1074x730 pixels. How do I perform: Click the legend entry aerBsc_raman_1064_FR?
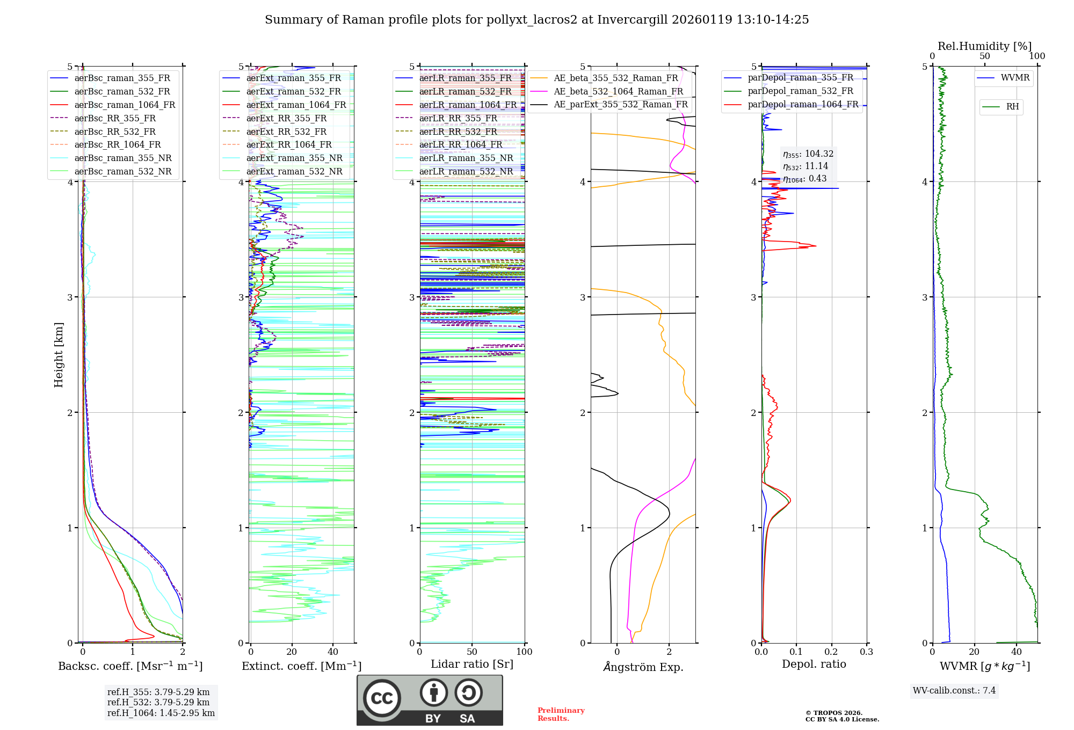click(125, 105)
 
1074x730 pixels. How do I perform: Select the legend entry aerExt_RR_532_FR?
click(286, 132)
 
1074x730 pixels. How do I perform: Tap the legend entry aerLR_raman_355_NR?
click(466, 158)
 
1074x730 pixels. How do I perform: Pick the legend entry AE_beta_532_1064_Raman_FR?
click(618, 91)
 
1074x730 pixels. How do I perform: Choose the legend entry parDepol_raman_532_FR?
click(800, 91)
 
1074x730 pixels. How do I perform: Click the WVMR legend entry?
click(1015, 78)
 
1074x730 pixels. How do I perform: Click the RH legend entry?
click(1012, 107)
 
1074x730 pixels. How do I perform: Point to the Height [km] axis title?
click(59, 355)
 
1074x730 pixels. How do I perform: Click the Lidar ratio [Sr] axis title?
click(472, 664)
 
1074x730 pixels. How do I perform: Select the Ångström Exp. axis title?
click(643, 667)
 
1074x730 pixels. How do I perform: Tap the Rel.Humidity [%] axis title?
click(984, 46)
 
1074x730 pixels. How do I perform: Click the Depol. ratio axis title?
click(814, 664)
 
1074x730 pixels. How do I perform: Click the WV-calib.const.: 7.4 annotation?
click(954, 690)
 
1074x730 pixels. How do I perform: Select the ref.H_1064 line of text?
click(161, 713)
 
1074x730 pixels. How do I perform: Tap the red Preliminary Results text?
click(561, 714)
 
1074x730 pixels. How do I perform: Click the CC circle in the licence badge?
click(382, 698)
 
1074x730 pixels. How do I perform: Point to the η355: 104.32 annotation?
click(808, 154)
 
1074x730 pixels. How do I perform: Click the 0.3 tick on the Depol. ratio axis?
click(866, 652)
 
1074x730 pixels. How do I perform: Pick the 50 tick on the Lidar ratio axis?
click(472, 652)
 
